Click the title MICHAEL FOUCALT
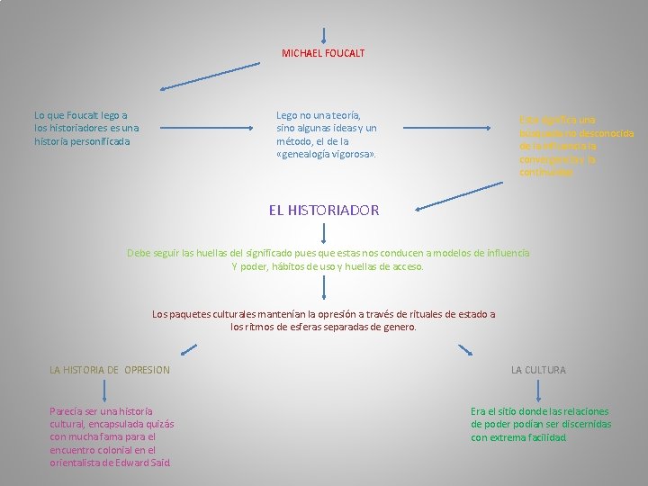click(323, 53)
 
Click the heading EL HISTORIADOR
click(324, 210)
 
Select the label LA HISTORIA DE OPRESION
click(110, 370)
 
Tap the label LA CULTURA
click(538, 370)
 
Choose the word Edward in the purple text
click(130, 463)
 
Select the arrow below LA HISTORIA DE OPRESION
click(104, 389)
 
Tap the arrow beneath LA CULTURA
click(538, 389)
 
